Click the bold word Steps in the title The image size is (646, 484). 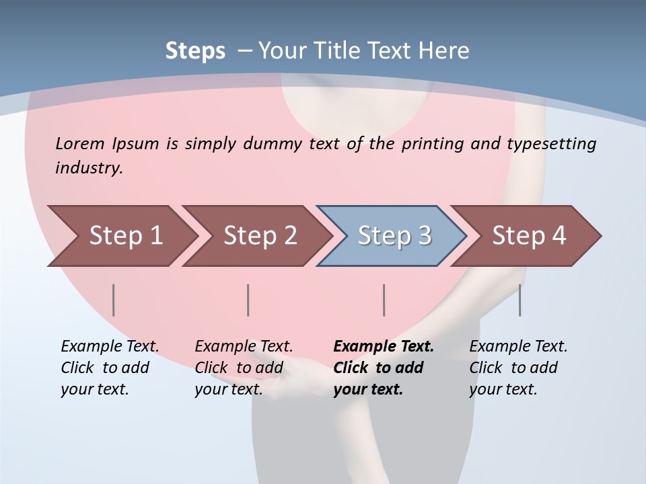(x=195, y=51)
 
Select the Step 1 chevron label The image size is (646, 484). (x=126, y=236)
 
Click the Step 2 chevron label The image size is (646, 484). (x=260, y=236)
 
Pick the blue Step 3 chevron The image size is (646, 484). (x=394, y=236)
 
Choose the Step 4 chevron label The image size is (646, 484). (x=529, y=236)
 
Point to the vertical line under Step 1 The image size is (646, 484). (x=114, y=300)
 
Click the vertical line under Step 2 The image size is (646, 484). (x=248, y=300)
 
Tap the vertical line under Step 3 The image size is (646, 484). (x=384, y=300)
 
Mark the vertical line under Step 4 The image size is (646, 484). (x=519, y=300)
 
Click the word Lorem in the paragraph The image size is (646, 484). (x=80, y=144)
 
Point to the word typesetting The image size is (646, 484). (x=551, y=144)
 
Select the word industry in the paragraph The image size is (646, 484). (x=89, y=168)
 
